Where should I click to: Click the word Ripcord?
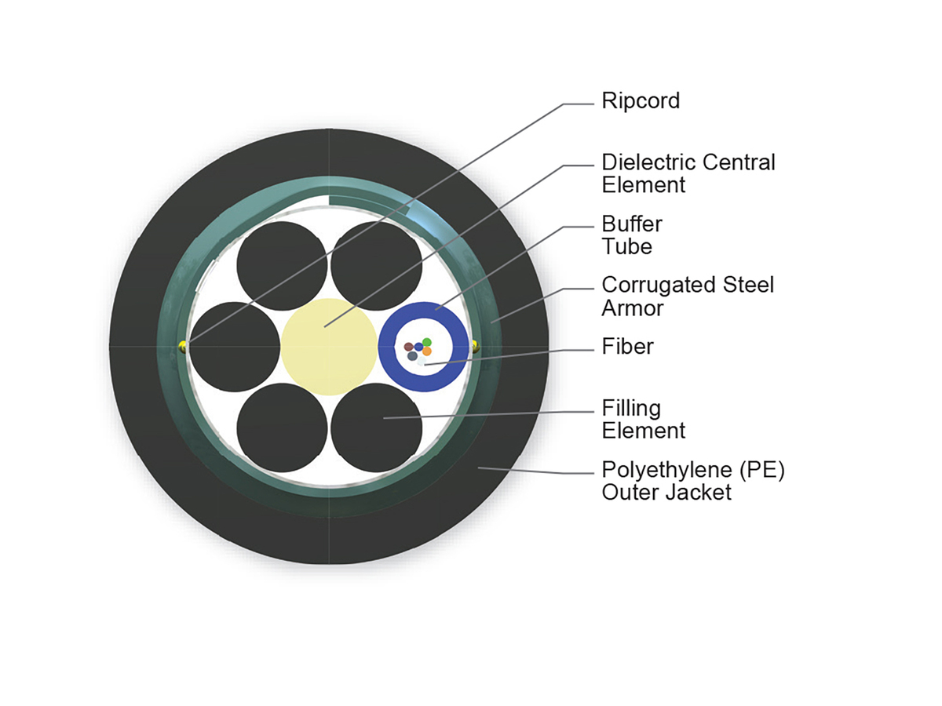(640, 102)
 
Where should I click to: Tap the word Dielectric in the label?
(648, 162)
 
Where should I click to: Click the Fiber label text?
(627, 346)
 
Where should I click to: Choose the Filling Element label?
(643, 419)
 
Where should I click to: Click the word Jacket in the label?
(697, 493)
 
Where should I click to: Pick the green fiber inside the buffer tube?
(426, 342)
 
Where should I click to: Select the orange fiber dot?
(426, 351)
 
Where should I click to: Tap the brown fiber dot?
(408, 346)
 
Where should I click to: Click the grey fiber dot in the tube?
(412, 356)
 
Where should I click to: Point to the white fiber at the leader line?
(422, 361)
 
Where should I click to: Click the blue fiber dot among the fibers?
(418, 347)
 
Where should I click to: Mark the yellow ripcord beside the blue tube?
(476, 344)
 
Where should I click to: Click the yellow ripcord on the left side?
(183, 346)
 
